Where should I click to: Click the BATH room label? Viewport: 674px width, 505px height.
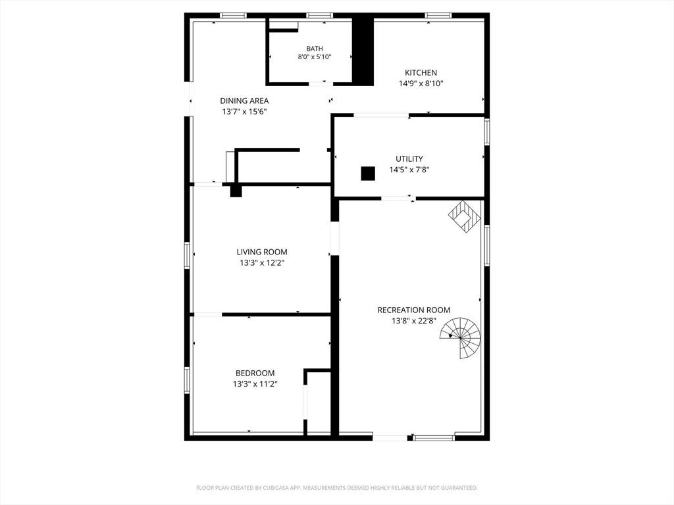click(314, 49)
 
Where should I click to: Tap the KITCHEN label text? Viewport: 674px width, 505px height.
click(421, 72)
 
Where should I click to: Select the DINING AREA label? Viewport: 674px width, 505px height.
click(244, 101)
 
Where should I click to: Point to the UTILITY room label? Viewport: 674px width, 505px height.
click(409, 159)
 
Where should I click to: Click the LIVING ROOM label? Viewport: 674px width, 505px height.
click(262, 252)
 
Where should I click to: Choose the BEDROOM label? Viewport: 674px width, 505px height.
click(255, 373)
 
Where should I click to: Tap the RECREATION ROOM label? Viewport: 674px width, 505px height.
click(414, 310)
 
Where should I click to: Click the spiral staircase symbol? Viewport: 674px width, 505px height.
click(460, 337)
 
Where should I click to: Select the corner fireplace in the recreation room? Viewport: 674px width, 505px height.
click(465, 216)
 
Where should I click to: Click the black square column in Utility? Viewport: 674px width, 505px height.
click(368, 174)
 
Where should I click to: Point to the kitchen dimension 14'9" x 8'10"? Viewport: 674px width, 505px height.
click(421, 84)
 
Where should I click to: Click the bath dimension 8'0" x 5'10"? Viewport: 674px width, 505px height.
click(314, 57)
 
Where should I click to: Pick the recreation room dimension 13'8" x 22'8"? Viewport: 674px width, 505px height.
click(414, 321)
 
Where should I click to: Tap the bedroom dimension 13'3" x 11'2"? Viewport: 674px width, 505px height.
click(255, 384)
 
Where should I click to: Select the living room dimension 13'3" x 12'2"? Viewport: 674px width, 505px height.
click(262, 263)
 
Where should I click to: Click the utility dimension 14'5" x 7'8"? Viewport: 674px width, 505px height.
click(409, 170)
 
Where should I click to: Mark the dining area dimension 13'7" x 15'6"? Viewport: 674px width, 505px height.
click(244, 112)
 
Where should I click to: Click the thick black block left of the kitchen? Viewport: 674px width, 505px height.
click(363, 51)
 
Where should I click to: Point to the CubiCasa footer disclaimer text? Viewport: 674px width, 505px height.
click(336, 488)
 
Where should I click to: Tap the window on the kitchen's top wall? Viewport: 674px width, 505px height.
click(438, 16)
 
